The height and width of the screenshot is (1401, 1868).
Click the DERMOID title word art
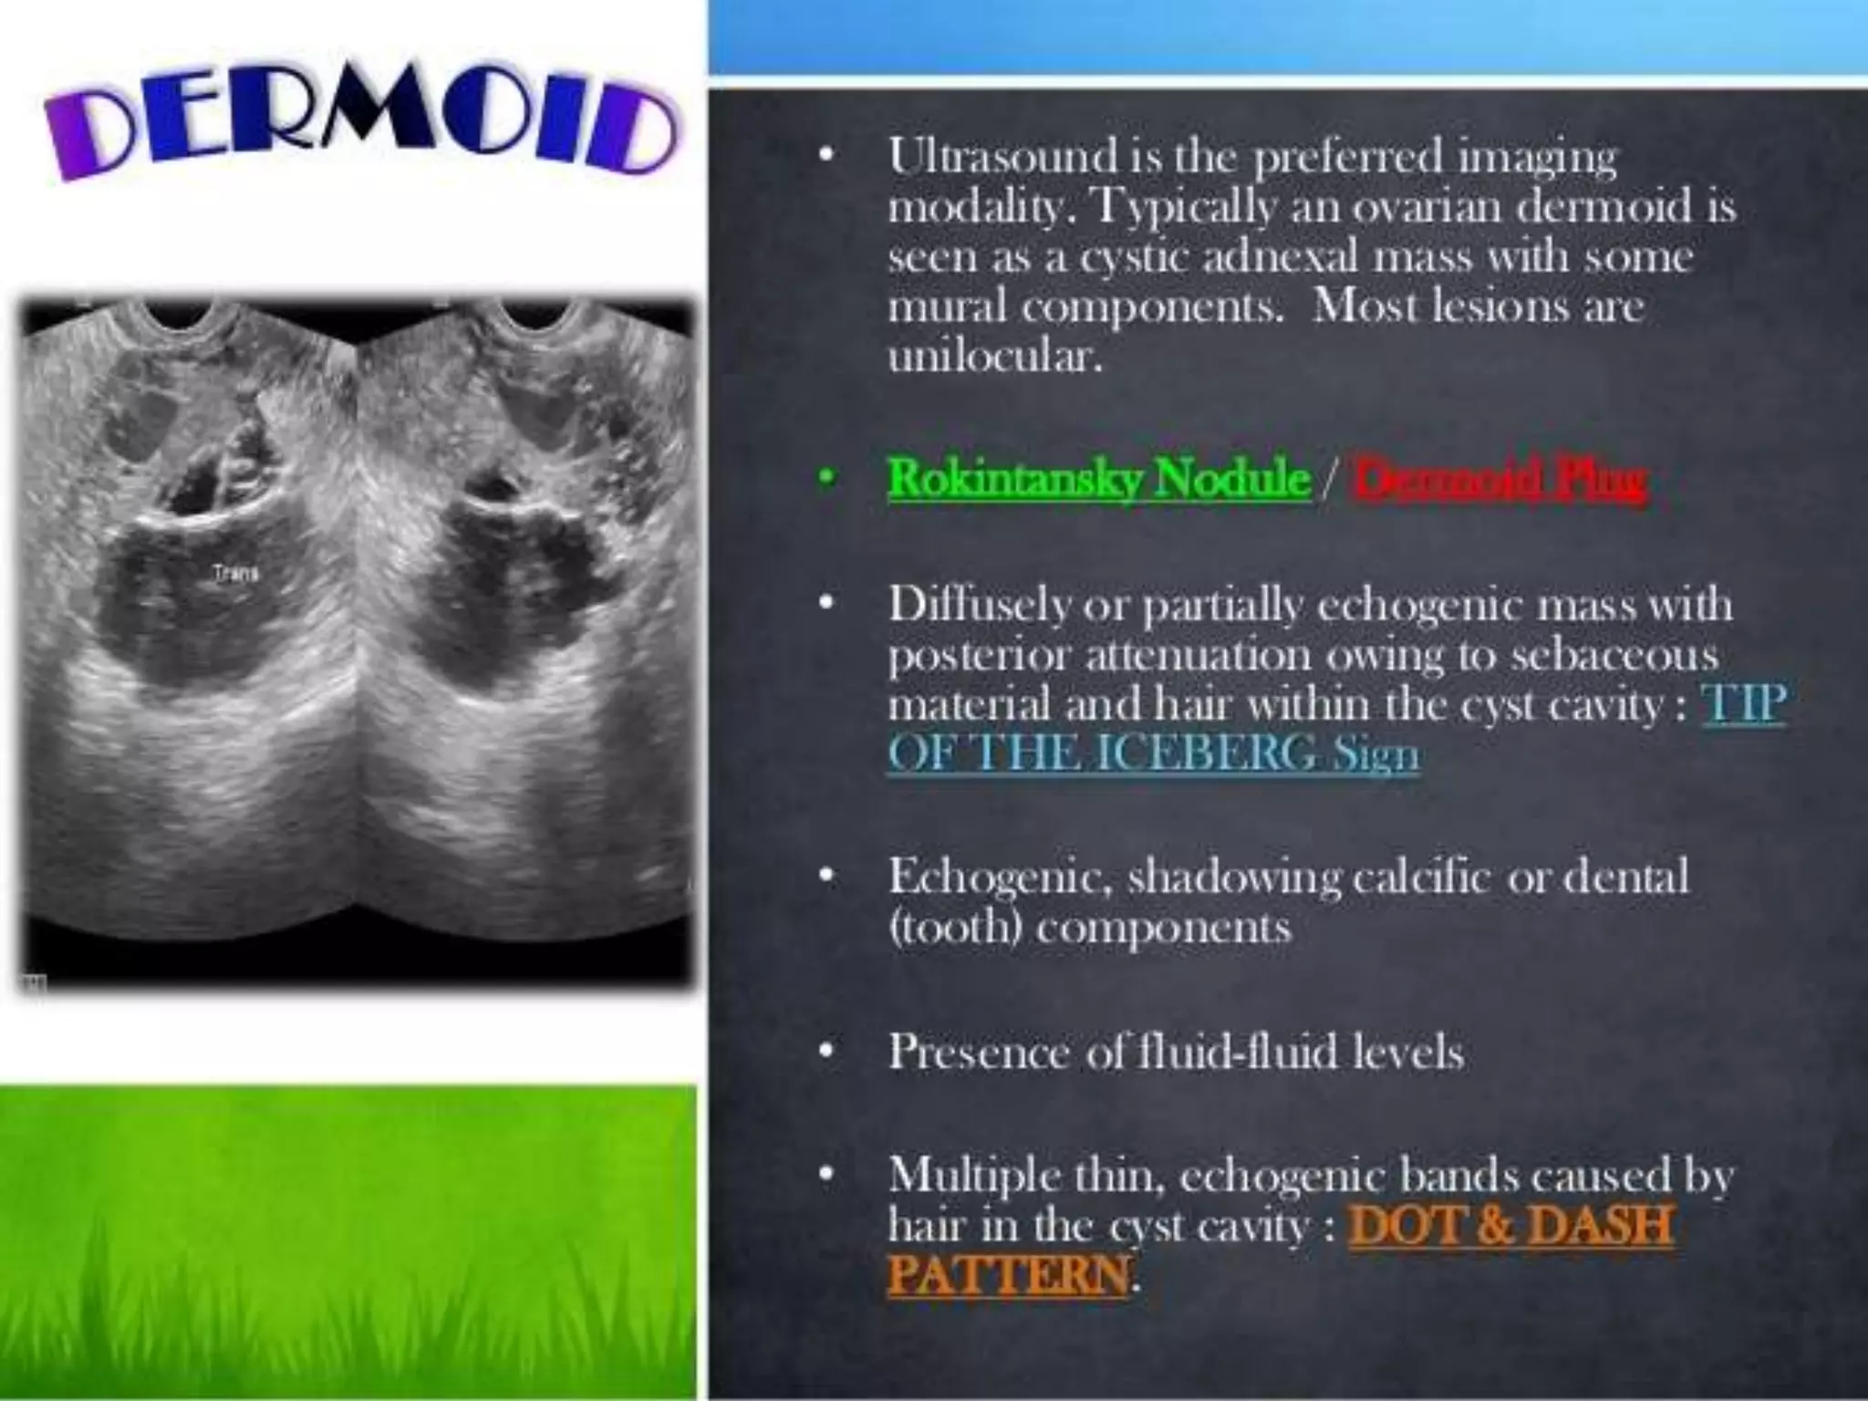(360, 128)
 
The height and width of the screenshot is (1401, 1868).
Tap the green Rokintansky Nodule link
(1098, 478)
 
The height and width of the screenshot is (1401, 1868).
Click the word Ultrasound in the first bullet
(1002, 159)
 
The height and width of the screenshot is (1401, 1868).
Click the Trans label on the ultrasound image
(235, 574)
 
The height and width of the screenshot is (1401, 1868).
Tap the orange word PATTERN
(1008, 1275)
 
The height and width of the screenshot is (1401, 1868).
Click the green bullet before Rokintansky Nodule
(826, 478)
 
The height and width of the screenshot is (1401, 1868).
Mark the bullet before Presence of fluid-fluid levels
(826, 1052)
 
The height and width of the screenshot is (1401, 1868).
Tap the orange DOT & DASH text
(1510, 1225)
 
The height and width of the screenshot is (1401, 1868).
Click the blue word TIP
(1743, 705)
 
